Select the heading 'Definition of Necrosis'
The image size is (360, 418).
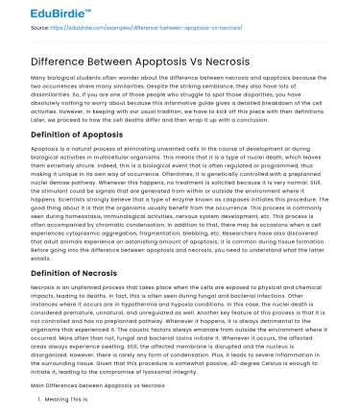pos(76,275)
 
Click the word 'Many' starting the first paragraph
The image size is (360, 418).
pos(38,76)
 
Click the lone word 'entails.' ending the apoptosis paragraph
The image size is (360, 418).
pos(41,258)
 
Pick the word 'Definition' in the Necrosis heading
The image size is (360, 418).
pos(52,275)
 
